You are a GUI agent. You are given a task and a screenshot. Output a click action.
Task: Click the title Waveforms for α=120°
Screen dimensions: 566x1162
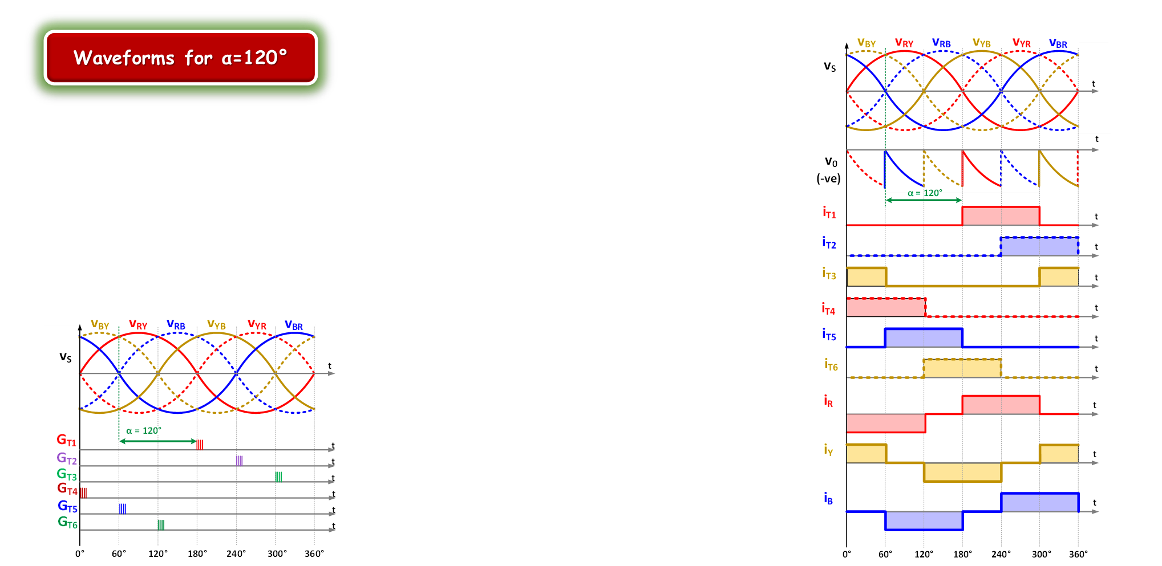(180, 58)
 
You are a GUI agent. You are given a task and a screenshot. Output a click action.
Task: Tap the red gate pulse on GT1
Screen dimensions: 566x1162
(200, 444)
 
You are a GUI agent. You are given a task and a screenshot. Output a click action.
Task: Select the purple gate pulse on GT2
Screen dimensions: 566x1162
(239, 460)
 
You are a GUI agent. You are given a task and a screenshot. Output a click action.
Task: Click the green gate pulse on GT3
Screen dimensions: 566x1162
(278, 476)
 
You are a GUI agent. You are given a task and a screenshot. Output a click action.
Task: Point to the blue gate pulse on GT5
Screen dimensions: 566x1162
(123, 508)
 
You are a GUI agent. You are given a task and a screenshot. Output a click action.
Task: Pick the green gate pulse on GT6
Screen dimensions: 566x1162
(161, 524)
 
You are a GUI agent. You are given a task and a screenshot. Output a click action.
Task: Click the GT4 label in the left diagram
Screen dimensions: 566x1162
(67, 489)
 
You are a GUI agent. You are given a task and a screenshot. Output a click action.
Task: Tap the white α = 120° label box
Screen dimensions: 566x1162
(144, 430)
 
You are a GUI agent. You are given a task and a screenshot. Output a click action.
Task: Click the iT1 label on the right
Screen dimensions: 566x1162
(829, 213)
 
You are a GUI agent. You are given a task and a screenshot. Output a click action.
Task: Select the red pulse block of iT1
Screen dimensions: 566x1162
(1001, 216)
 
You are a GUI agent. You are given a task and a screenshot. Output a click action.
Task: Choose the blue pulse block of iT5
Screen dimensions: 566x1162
(924, 337)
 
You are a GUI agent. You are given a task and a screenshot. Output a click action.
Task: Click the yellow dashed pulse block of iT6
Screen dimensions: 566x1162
(962, 368)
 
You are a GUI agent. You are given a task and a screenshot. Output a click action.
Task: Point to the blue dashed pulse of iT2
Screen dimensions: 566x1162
(1039, 246)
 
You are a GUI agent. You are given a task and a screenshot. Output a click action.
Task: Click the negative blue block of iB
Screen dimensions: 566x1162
(924, 520)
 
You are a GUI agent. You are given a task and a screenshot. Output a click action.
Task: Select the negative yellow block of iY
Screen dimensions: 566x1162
(962, 472)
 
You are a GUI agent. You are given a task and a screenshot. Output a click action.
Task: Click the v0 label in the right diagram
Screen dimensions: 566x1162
(831, 162)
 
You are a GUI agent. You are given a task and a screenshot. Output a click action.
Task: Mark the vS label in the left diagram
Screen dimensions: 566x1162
(66, 357)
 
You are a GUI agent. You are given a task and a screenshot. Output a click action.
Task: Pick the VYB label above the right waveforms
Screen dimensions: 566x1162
(981, 43)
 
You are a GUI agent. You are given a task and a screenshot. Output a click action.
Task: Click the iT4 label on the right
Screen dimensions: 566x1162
(828, 309)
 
